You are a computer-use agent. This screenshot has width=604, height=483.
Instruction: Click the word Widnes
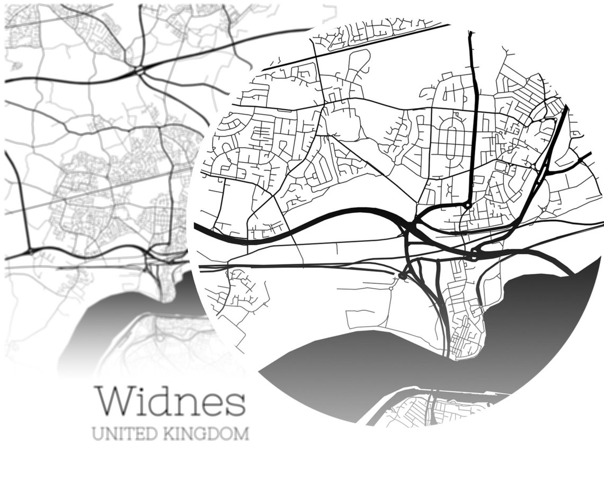click(x=170, y=401)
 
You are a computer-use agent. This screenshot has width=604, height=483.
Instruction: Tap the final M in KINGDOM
click(x=242, y=434)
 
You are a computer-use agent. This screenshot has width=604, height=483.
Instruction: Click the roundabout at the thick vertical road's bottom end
click(x=468, y=205)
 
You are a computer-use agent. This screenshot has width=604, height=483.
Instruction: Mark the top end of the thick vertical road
click(x=470, y=34)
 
